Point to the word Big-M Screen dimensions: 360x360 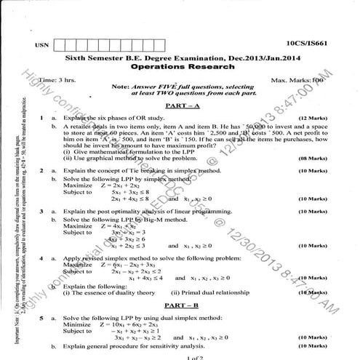click(x=143, y=219)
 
